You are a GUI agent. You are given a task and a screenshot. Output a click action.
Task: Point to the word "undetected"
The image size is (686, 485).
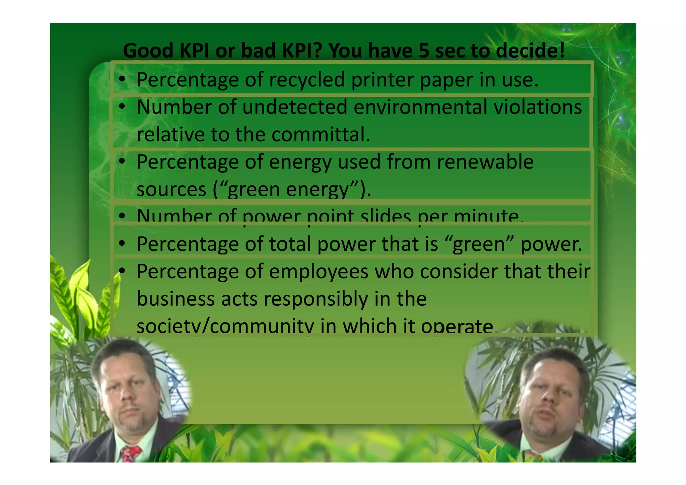click(295, 107)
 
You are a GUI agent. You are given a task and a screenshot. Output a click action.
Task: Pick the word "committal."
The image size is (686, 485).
click(321, 135)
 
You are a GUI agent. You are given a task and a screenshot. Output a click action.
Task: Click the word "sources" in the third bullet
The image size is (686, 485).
click(171, 189)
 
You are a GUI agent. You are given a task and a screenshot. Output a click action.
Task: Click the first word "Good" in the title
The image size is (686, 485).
click(148, 51)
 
